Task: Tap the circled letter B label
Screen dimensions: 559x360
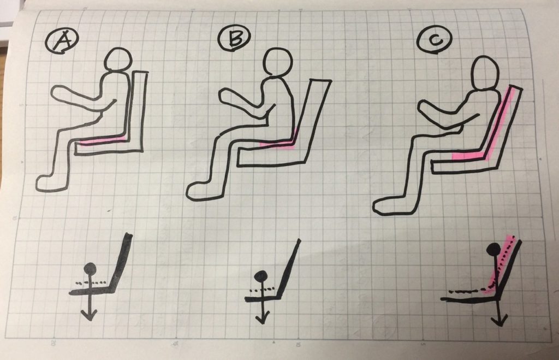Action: click(x=235, y=38)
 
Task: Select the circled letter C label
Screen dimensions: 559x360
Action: click(x=435, y=39)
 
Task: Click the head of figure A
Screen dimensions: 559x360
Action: click(x=117, y=58)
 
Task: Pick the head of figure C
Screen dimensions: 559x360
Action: click(x=485, y=74)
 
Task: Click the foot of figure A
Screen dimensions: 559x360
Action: click(x=52, y=182)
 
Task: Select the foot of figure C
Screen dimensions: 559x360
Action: click(x=390, y=205)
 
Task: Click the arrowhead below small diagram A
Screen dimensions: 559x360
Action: click(x=89, y=314)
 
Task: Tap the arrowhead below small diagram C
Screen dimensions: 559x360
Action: click(x=499, y=320)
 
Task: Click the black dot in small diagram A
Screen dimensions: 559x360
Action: click(x=90, y=268)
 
